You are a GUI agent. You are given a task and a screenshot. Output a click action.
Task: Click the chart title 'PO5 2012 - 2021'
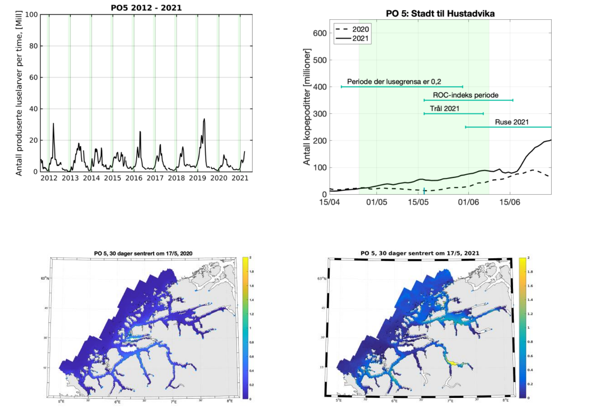(146, 8)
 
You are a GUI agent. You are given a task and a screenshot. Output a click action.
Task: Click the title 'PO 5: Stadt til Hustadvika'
(440, 14)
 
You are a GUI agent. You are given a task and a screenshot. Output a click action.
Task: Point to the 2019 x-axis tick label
(197, 178)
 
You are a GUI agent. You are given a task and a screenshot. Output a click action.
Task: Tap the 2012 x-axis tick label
(49, 178)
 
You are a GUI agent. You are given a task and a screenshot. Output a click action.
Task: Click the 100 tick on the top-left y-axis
(32, 15)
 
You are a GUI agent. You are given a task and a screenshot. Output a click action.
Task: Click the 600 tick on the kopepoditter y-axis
(320, 33)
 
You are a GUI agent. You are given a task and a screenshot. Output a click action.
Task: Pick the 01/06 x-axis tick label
(468, 202)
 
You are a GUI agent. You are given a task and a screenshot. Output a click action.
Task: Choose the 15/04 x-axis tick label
(329, 202)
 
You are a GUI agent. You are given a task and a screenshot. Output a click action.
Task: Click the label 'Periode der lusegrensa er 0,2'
(394, 82)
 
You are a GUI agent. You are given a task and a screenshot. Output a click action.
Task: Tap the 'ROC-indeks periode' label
(465, 95)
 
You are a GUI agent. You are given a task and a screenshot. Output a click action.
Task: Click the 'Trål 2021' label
(444, 109)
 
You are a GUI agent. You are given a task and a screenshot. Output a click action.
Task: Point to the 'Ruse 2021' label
(512, 122)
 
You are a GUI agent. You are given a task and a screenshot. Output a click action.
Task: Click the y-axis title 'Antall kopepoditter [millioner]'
(307, 107)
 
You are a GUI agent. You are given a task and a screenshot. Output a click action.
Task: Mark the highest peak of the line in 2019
(204, 119)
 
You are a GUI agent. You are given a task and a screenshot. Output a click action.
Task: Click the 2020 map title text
(143, 253)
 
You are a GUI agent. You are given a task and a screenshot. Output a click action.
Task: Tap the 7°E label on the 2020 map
(174, 402)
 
